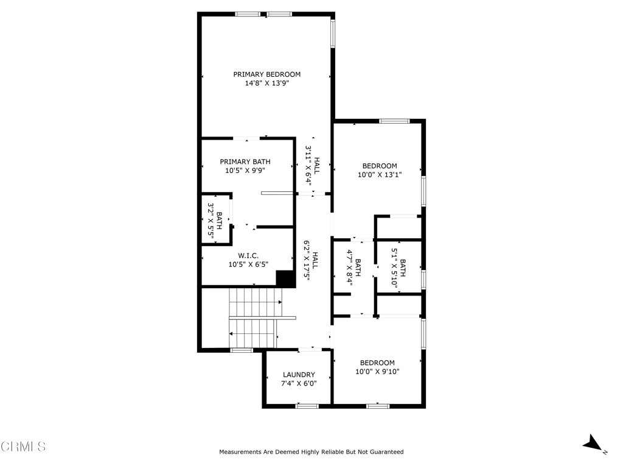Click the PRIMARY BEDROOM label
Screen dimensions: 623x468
(x=266, y=74)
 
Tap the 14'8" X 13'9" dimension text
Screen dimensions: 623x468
(x=266, y=83)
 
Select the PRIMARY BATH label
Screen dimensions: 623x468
(x=245, y=161)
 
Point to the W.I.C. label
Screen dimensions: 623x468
(x=248, y=255)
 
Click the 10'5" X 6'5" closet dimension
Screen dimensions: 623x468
(x=248, y=264)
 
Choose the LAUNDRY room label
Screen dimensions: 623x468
(x=299, y=375)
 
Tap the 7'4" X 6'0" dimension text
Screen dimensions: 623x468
(x=299, y=383)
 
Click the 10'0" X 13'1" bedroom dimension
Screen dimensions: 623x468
(x=380, y=174)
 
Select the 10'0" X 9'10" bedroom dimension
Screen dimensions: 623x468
(x=377, y=371)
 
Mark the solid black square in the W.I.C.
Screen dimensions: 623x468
(x=285, y=278)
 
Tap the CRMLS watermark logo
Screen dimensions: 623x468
(x=23, y=447)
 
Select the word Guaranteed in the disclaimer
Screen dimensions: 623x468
(x=386, y=452)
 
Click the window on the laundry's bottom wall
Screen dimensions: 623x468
(x=307, y=406)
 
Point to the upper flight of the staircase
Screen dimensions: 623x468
(x=256, y=302)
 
